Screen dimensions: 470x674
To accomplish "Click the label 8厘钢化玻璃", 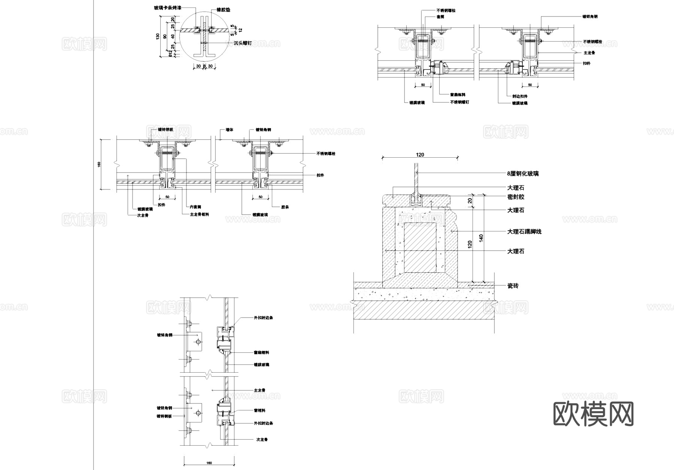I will coord(523,174).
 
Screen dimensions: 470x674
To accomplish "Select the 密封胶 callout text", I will coord(516,197).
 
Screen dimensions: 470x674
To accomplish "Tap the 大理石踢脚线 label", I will coord(524,232).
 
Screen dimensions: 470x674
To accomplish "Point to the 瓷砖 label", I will coord(513,286).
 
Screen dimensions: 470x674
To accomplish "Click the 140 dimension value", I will coord(481,237).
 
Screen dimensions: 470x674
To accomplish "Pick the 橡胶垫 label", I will coord(223,10).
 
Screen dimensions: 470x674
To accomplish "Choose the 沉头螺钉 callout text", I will coord(242,43).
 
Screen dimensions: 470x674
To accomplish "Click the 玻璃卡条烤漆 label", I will coord(167,8).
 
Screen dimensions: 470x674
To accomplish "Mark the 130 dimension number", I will coord(158,36).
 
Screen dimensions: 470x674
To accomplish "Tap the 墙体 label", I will coord(229,130).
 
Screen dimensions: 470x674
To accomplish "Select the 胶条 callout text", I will coord(285,207).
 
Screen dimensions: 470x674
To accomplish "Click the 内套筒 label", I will coord(195,207).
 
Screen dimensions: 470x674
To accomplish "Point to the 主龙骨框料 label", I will coord(200,215).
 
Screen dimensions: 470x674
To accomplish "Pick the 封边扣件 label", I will coord(520,96).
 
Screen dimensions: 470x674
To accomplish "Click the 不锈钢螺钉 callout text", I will coord(459,102).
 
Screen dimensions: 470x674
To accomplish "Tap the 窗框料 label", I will coord(259,410).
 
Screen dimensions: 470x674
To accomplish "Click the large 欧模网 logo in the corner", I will coord(593,414).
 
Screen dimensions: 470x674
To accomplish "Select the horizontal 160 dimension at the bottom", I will coord(209,463).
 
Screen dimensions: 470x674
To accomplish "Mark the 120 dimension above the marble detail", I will coord(420,155).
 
